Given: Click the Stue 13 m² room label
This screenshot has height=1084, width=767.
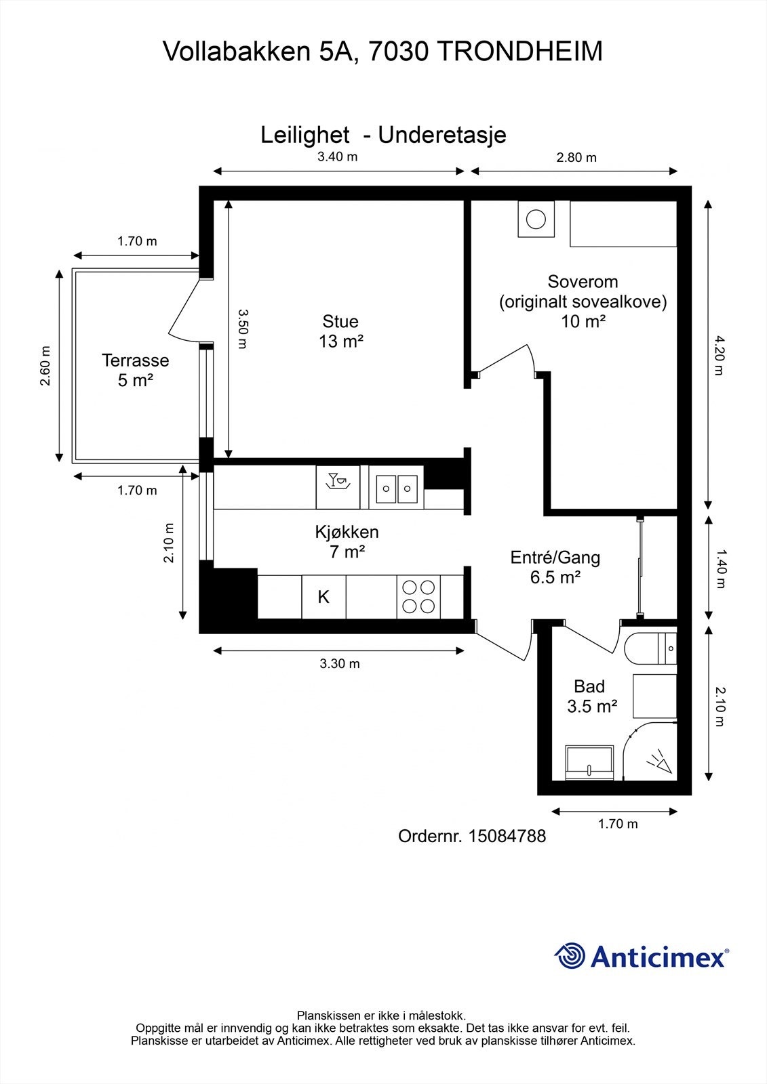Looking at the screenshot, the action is click(x=340, y=331).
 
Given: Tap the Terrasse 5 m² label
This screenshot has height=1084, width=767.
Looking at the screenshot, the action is click(x=135, y=370).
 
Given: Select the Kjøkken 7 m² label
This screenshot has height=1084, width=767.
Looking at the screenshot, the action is click(x=347, y=541).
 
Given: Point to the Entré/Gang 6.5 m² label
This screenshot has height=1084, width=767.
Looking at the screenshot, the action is click(x=555, y=567).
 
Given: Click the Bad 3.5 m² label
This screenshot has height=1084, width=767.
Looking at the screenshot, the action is click(x=592, y=696).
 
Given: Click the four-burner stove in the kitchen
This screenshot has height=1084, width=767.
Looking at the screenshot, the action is click(x=418, y=597).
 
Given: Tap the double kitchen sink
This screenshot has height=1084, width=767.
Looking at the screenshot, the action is click(x=396, y=487).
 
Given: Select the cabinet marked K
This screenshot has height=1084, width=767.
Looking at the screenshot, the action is click(x=323, y=597).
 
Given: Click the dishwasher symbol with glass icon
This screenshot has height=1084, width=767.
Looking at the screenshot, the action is click(x=338, y=487).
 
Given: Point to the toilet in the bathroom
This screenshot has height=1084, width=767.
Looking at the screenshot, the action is click(x=650, y=648).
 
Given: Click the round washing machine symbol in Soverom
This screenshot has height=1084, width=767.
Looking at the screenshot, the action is click(x=536, y=220).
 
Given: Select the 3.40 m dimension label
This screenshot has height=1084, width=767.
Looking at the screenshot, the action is click(x=337, y=157).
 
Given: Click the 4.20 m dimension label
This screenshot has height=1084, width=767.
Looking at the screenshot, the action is click(x=718, y=355).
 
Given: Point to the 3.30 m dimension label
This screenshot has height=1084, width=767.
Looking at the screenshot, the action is click(x=340, y=663).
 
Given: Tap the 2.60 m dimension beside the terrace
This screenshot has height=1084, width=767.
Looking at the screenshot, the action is click(x=45, y=366).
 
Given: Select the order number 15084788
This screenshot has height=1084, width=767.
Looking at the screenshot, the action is click(x=507, y=836).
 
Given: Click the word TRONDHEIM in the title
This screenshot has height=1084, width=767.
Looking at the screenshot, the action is click(x=519, y=51).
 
